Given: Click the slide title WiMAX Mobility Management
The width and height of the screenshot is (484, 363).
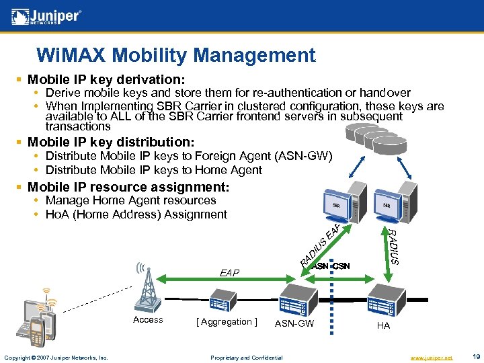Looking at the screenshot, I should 175,54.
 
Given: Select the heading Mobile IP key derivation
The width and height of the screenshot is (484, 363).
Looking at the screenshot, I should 106,79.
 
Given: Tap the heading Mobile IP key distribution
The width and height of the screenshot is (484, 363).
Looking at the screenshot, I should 111,142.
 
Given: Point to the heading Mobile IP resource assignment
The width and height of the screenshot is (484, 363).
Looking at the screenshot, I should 128,186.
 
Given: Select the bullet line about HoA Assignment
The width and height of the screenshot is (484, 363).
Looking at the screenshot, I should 136,214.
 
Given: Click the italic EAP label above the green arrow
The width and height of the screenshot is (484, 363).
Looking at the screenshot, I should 229,273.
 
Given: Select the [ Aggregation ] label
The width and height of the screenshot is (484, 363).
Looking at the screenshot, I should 227,321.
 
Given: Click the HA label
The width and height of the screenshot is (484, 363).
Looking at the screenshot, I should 383,325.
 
